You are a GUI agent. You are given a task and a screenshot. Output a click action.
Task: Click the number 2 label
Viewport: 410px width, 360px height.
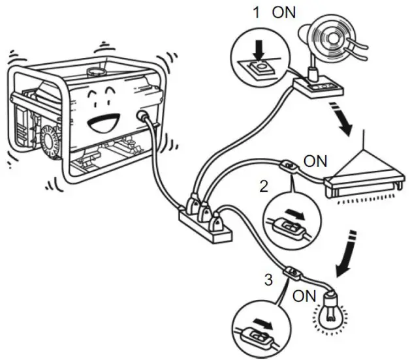pyautogui.click(x=264, y=186)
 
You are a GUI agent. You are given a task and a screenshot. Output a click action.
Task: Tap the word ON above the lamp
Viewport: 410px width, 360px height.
pyautogui.click(x=317, y=161)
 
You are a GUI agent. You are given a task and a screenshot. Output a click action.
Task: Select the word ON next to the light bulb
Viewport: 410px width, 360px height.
pyautogui.click(x=304, y=295)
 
